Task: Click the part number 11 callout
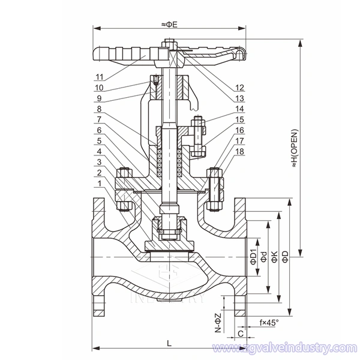point(100,77)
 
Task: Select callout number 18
point(239,152)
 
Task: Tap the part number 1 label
point(99,184)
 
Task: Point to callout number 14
point(239,109)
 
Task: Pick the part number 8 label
point(99,109)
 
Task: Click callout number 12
point(239,88)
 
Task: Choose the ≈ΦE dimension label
point(169,25)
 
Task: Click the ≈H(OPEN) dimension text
point(295,148)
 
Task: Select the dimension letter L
point(169,343)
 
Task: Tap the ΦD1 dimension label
point(253,256)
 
